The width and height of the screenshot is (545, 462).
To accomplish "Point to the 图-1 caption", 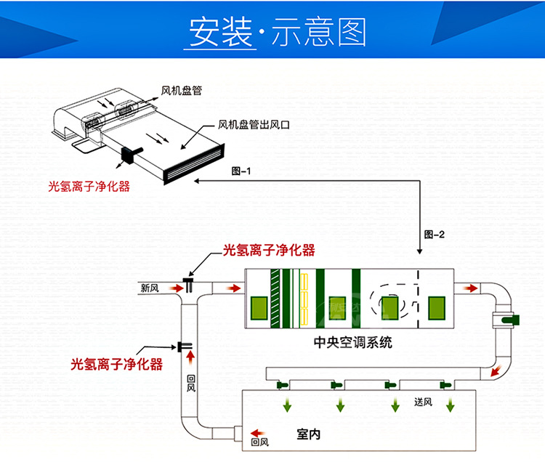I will (241, 171).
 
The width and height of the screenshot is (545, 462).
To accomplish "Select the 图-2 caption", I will (434, 234).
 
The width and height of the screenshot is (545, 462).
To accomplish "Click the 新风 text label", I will (150, 288).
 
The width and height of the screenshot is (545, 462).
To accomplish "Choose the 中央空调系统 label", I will (352, 342).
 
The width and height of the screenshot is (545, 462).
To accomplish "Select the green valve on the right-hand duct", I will (505, 318).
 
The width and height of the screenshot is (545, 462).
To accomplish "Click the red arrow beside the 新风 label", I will (174, 288).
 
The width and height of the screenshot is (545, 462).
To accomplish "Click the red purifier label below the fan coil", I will (88, 187).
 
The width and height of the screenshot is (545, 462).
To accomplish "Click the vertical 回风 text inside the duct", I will (191, 383).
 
